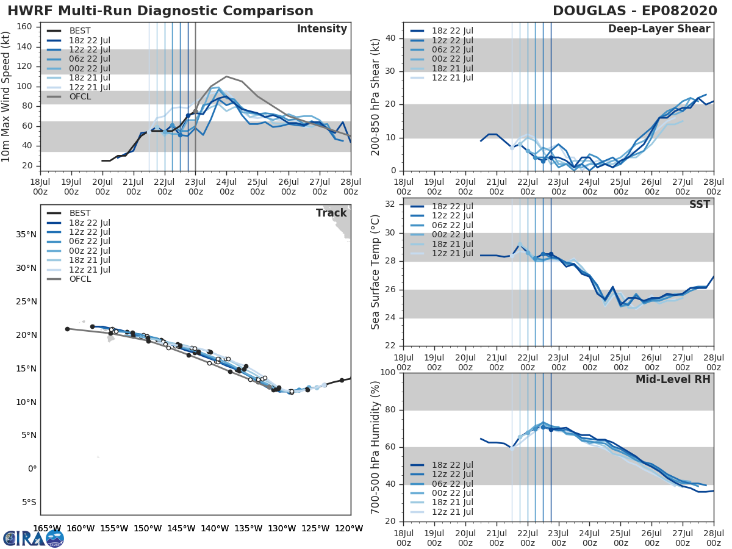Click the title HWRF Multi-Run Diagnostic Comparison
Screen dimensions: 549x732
[x=160, y=11]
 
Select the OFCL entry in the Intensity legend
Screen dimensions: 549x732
[x=81, y=96]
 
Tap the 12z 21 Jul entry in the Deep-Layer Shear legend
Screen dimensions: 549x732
[x=451, y=77]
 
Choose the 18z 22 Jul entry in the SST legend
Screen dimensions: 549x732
[x=451, y=207]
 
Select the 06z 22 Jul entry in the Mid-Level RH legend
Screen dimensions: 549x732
[x=451, y=484]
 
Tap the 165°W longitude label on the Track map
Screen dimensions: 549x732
[x=47, y=528]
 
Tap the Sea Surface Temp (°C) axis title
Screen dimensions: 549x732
[x=375, y=272]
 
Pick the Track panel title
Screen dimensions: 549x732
[x=331, y=213]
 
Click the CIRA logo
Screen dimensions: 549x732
[x=33, y=538]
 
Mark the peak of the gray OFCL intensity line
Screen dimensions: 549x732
[x=226, y=76]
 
